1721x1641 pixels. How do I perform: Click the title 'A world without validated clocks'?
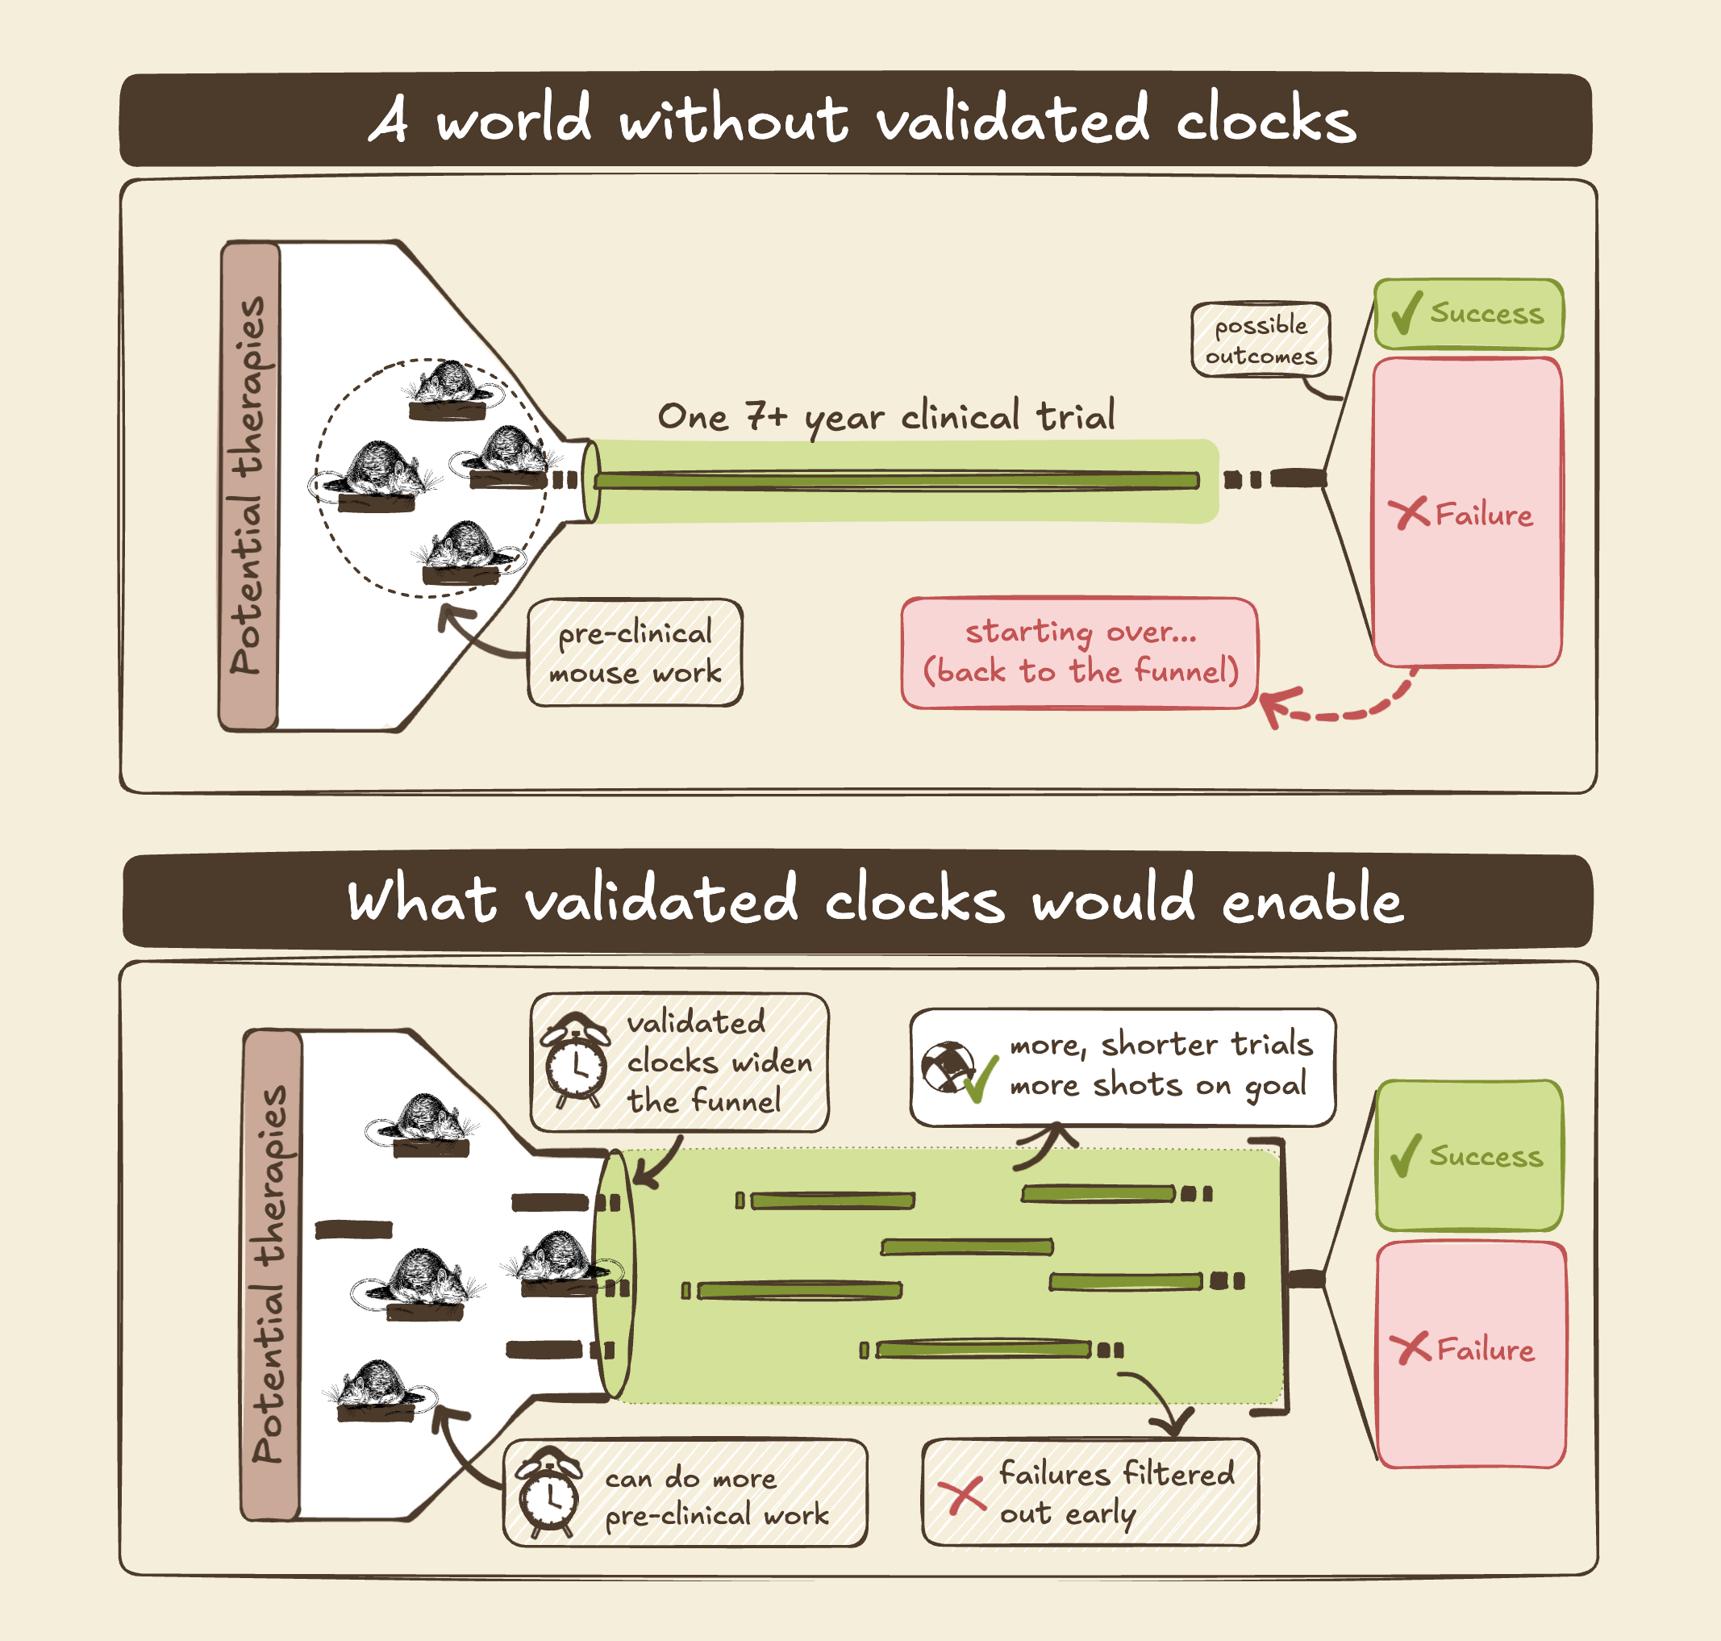(861, 120)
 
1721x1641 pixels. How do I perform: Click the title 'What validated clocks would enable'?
(874, 900)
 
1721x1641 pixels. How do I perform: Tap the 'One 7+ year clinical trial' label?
(886, 416)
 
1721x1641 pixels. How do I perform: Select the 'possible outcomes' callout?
(1261, 340)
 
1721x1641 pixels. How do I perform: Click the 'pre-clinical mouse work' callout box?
(635, 653)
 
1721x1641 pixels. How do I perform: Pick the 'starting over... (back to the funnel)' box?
(1080, 653)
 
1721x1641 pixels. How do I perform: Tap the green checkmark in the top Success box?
(1406, 313)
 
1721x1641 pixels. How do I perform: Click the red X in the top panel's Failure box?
(1409, 512)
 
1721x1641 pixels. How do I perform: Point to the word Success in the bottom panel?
(1486, 1156)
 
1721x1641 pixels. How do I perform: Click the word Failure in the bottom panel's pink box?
(1486, 1350)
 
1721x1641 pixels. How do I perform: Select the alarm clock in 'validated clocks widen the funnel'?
(574, 1061)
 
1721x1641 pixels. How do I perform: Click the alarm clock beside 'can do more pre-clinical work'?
(548, 1494)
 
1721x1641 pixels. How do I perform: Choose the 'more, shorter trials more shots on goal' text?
(1161, 1066)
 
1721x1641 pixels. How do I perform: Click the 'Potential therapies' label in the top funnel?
(248, 486)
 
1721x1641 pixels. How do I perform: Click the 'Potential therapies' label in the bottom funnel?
(271, 1274)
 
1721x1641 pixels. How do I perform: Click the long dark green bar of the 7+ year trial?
(896, 480)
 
